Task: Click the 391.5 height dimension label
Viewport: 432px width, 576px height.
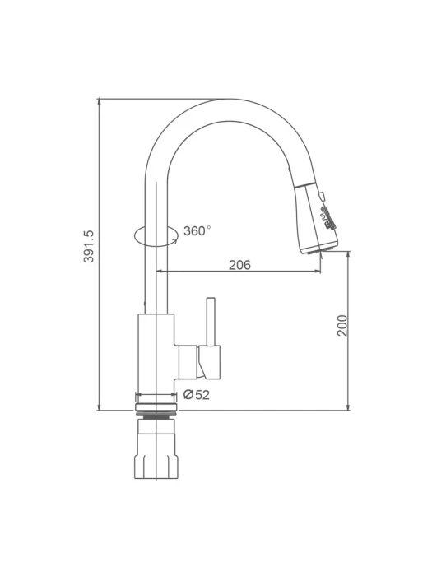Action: pos(89,246)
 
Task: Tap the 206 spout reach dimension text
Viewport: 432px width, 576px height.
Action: pos(239,264)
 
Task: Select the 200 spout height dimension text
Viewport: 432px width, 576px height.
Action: pos(342,325)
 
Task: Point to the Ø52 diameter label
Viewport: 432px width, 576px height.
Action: pos(197,394)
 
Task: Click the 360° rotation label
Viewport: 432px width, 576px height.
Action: pos(197,231)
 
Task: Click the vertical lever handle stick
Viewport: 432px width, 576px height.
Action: pos(211,322)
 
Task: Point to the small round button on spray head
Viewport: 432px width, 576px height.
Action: pos(323,195)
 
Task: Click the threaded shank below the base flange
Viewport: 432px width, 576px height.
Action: pos(156,416)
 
